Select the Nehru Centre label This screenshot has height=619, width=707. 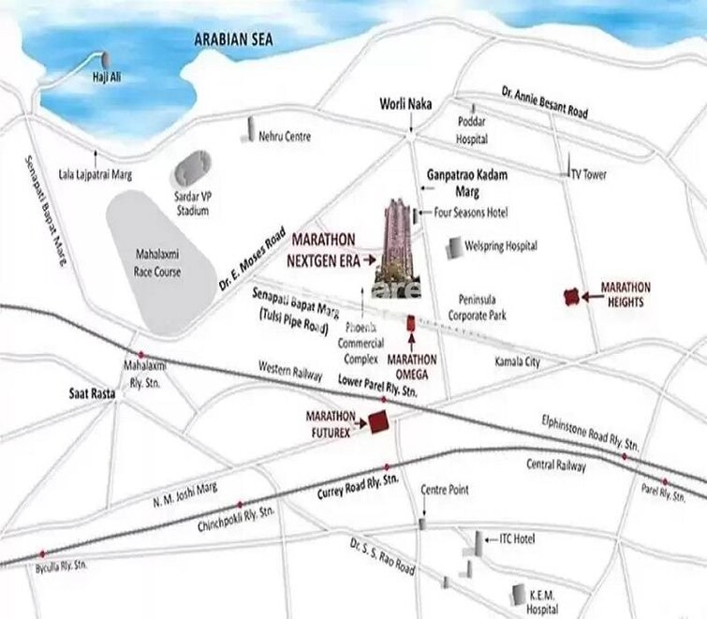pos(284,137)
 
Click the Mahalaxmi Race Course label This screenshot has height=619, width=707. pos(156,265)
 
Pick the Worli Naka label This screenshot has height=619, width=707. pos(405,104)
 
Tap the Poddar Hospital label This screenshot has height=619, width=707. pos(472,130)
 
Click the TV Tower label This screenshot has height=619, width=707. pos(589,175)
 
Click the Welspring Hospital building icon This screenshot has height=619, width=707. pos(454,247)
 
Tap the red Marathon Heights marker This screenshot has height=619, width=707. pos(568,297)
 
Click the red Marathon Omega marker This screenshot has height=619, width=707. pos(410,323)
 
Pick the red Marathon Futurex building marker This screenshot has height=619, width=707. pos(379,422)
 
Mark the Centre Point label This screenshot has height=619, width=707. pos(445,490)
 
